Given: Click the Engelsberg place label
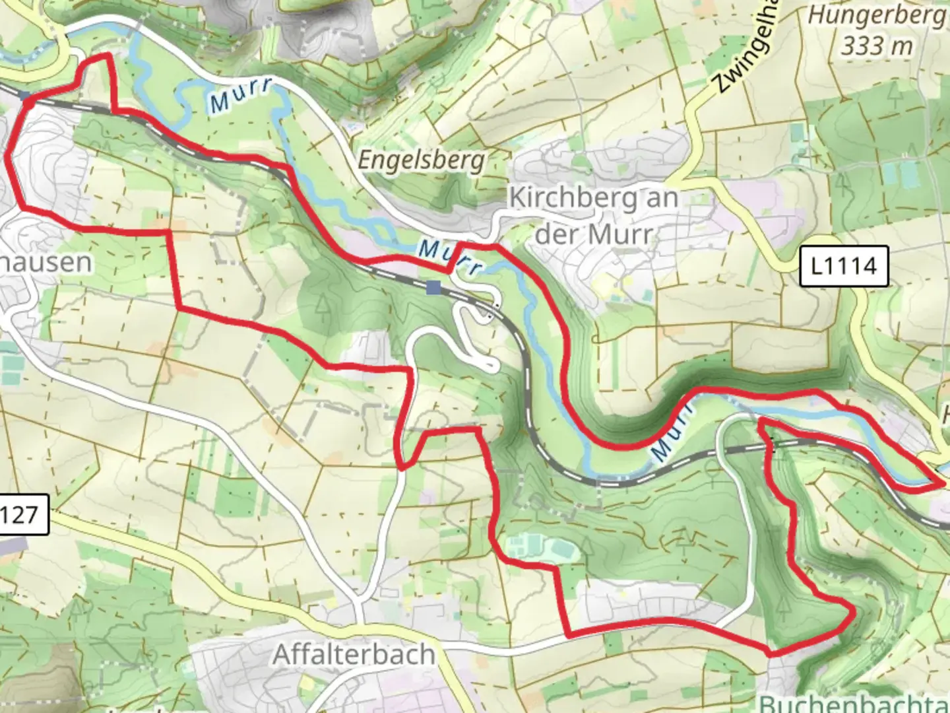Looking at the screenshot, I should point(421,160).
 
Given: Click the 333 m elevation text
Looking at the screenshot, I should point(877,45).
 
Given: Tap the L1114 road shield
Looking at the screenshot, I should point(844,266).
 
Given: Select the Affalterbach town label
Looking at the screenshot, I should point(354,654).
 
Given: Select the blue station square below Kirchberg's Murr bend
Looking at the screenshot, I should point(433,287).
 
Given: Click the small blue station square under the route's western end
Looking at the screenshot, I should point(26,97).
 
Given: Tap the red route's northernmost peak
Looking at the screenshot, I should point(106,56).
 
